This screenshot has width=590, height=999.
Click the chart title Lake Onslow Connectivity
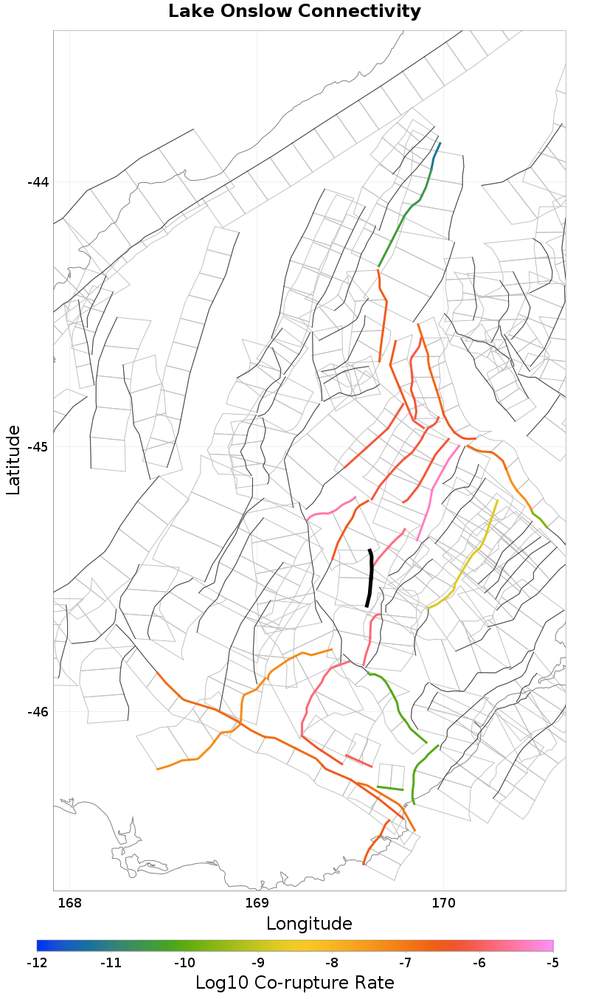[294, 12]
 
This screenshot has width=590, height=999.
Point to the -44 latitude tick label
[38, 182]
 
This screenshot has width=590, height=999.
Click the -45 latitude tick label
[38, 447]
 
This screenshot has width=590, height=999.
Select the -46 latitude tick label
[38, 712]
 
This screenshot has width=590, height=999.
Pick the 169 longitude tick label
[257, 903]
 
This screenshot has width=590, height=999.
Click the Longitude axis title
[309, 924]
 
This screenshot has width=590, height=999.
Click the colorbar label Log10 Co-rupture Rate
[294, 983]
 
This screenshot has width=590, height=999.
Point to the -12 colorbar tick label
[37, 963]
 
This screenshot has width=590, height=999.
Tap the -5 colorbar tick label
[552, 963]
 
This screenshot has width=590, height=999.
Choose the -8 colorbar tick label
[331, 963]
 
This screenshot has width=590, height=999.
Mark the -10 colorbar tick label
[184, 963]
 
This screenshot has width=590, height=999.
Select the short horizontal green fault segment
[390, 788]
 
